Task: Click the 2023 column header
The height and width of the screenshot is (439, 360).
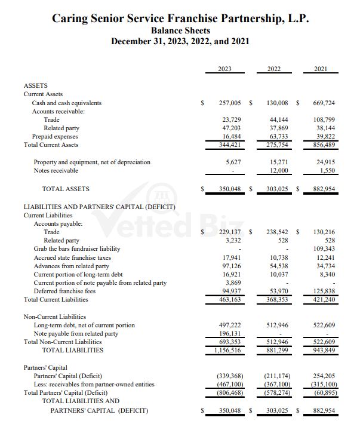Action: (x=225, y=69)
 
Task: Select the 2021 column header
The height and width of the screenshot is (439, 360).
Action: (x=320, y=69)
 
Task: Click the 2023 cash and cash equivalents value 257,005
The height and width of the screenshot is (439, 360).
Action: (x=230, y=103)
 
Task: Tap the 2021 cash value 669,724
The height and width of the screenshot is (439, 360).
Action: (x=324, y=103)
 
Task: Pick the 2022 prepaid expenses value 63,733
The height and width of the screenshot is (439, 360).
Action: (x=278, y=136)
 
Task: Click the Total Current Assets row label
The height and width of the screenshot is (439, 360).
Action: (x=51, y=145)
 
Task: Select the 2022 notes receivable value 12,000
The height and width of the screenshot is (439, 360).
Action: (x=278, y=170)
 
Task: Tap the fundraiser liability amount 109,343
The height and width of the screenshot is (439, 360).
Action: (x=324, y=248)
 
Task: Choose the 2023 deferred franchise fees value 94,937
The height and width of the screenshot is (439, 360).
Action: (x=230, y=291)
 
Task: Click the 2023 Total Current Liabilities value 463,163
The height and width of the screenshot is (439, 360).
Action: (x=230, y=299)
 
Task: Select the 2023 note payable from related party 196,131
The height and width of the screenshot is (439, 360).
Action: (x=230, y=333)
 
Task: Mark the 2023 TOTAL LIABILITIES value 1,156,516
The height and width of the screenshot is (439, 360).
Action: (x=227, y=350)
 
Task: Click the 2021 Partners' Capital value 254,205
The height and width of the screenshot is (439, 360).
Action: (x=324, y=376)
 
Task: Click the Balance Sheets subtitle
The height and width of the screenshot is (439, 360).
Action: (x=180, y=30)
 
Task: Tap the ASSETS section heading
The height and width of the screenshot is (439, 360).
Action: (x=35, y=85)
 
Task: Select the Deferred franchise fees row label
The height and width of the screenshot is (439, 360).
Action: (x=66, y=291)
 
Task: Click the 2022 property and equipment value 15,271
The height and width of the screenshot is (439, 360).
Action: (x=278, y=162)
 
